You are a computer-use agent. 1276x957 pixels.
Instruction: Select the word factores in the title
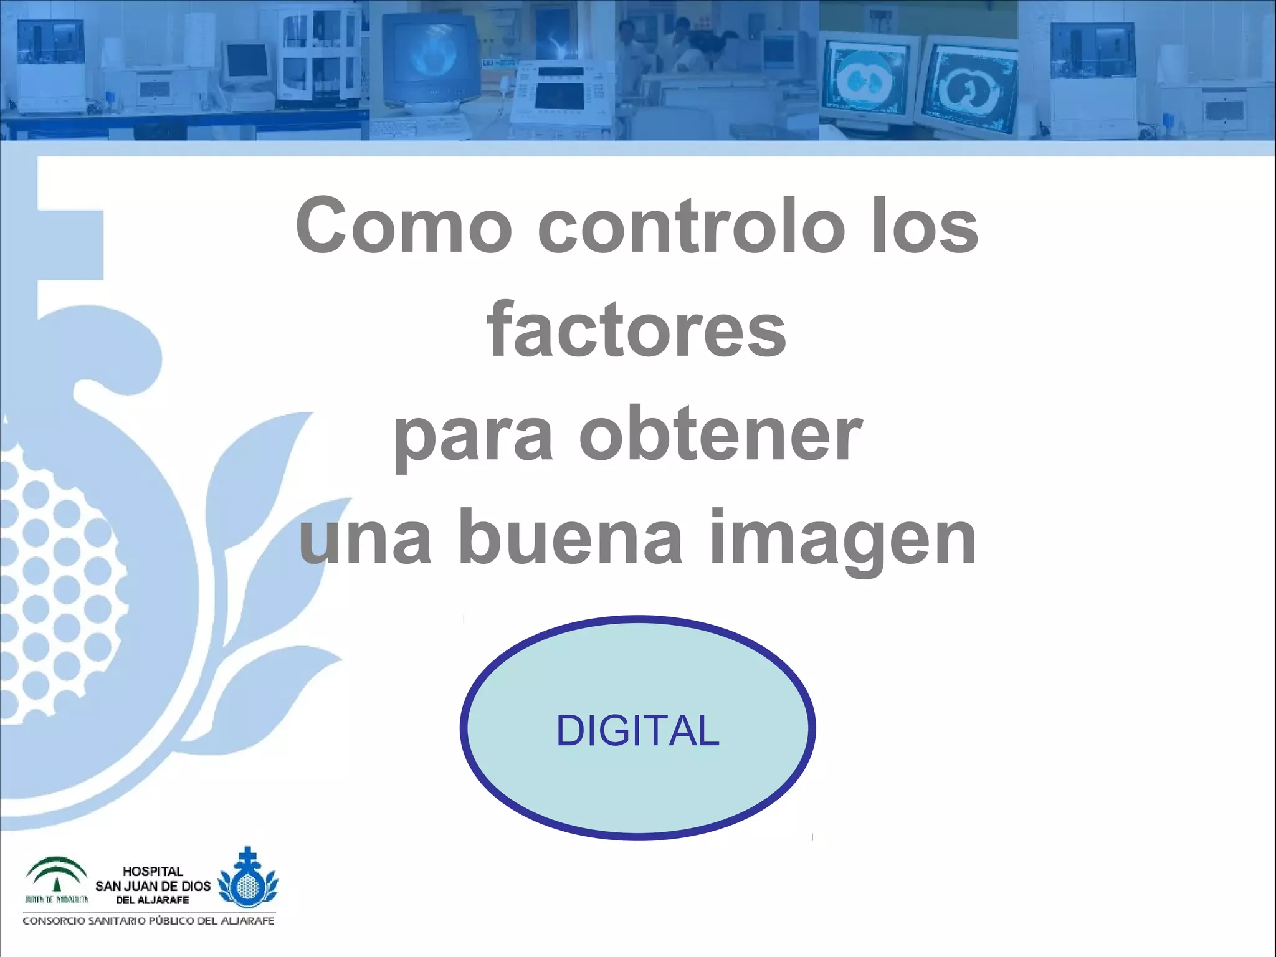point(637,330)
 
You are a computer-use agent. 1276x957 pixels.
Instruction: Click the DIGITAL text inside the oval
point(637,730)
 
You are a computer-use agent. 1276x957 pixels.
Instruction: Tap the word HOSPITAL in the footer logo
point(153,871)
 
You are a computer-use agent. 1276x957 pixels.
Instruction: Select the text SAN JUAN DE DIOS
point(153,886)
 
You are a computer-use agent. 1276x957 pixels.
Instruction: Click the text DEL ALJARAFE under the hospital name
point(153,900)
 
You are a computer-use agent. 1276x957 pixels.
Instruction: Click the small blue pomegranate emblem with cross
point(247,878)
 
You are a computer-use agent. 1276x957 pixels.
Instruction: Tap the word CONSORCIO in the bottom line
point(54,921)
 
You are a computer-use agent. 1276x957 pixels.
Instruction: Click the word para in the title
point(473,436)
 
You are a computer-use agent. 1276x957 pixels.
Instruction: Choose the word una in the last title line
point(365,540)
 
